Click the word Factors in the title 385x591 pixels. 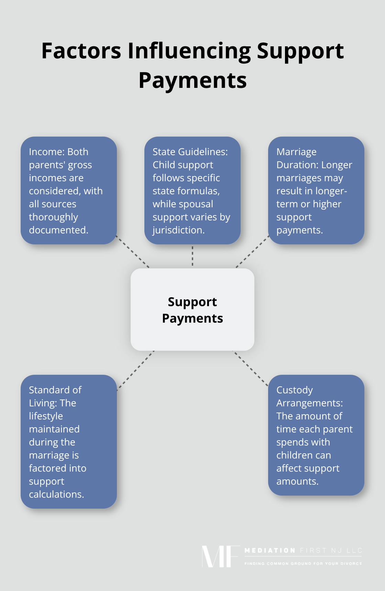[x=81, y=51]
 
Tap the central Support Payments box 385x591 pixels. [x=192, y=310]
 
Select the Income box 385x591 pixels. [x=69, y=190]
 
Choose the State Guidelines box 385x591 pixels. [x=192, y=190]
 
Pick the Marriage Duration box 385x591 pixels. [x=316, y=190]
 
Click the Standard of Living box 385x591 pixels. [x=69, y=442]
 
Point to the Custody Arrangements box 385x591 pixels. [x=316, y=435]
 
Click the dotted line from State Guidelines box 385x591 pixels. [x=192, y=256]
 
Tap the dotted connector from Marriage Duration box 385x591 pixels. [x=252, y=252]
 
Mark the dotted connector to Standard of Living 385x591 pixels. [x=135, y=370]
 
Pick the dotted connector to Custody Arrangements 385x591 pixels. [x=251, y=369]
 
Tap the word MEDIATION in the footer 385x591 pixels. [x=269, y=551]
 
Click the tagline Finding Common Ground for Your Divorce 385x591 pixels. [x=303, y=564]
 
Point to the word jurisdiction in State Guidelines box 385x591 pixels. [x=178, y=230]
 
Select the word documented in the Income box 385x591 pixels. [x=58, y=230]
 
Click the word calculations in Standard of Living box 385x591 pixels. [x=56, y=495]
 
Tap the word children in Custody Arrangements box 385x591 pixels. [x=304, y=455]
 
